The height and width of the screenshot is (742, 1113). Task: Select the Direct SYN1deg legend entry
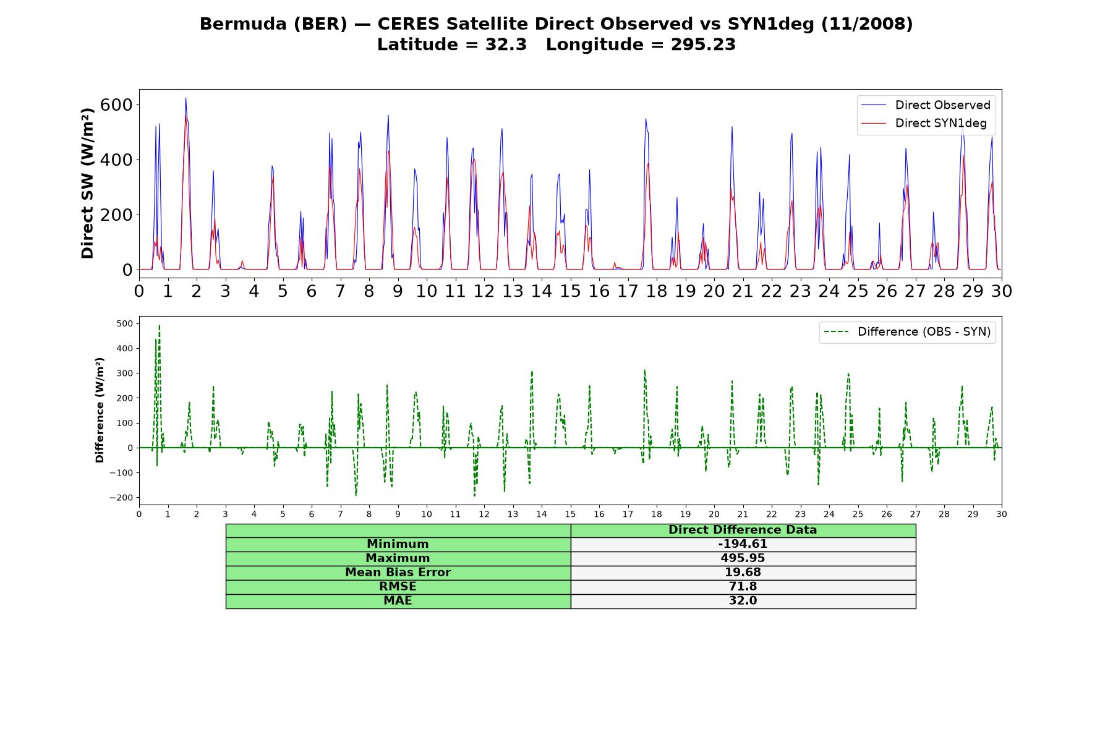[x=924, y=123]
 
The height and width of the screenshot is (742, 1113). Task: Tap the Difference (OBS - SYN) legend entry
[x=907, y=332]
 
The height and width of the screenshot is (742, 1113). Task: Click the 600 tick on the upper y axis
[x=116, y=104]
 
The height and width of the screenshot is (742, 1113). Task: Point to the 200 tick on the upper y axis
[x=116, y=215]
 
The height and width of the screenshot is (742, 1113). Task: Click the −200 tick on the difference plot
[x=121, y=498]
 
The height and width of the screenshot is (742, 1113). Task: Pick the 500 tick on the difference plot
[x=125, y=323]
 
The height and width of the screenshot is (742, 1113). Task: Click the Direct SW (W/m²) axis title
[x=87, y=183]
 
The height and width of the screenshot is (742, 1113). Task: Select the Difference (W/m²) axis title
[x=100, y=410]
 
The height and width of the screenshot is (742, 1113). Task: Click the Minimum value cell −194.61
[x=743, y=544]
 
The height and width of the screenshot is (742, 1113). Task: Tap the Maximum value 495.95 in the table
[x=743, y=558]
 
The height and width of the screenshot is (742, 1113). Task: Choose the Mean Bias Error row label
[x=398, y=573]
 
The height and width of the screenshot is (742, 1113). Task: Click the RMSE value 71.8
[x=743, y=587]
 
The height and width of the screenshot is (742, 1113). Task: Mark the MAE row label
[x=398, y=601]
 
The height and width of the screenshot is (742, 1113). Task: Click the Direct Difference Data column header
[x=743, y=530]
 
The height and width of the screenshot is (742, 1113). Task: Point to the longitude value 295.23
[x=703, y=45]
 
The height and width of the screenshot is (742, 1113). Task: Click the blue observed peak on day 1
[x=185, y=98]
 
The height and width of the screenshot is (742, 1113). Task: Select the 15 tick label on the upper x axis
[x=570, y=291]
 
